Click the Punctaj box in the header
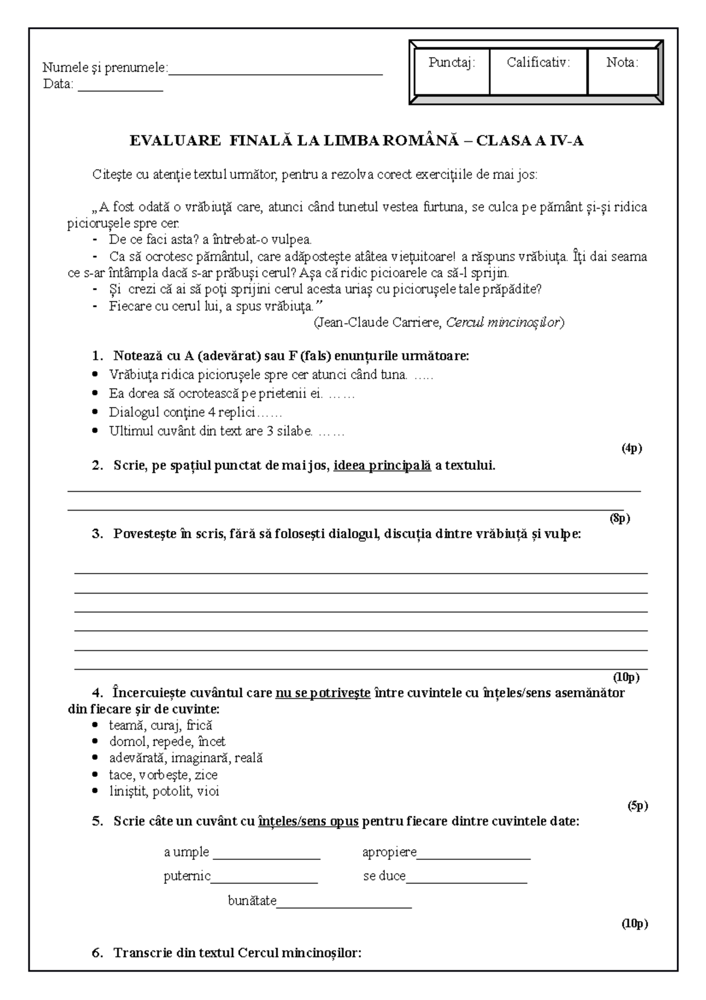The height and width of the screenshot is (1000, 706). point(451,72)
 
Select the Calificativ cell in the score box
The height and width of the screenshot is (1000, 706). point(538,72)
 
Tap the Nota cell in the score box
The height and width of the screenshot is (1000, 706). point(622,72)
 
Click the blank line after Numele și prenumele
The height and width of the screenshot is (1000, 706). point(275,73)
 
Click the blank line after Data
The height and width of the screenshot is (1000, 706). point(120,89)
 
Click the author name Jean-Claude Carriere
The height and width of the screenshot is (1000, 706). point(379,322)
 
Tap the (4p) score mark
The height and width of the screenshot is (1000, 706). point(632,448)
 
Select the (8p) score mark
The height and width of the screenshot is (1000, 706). point(620,518)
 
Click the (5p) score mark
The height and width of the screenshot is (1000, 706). point(638,806)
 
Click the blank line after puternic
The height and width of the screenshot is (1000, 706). point(264,882)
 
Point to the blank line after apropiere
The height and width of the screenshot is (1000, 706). point(474,858)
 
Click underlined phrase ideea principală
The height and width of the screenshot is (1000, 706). point(382,466)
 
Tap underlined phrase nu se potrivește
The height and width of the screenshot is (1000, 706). point(323,693)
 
